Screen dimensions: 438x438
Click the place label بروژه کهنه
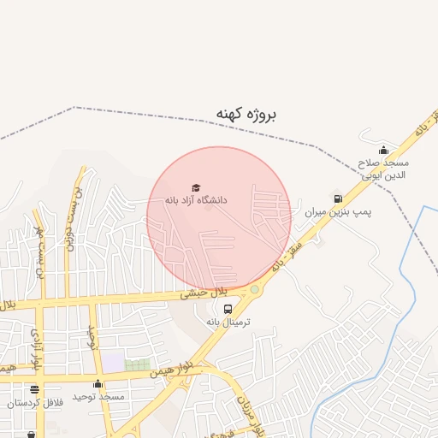tap(246, 114)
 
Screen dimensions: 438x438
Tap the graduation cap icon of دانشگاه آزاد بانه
tap(196, 187)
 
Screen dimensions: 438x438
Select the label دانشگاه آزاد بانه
tap(196, 199)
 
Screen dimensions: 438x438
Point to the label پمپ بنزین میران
tap(317, 210)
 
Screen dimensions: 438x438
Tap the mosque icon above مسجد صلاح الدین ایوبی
tap(383, 151)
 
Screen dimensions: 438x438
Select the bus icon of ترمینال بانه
tap(228, 309)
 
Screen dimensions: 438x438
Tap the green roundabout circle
tap(254, 290)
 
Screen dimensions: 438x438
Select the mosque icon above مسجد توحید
tap(98, 384)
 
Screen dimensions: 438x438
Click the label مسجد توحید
tap(98, 397)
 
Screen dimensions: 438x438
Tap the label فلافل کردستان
tap(34, 402)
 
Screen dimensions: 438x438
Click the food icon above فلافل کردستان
tap(34, 390)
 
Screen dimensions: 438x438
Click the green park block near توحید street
tap(137, 365)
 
